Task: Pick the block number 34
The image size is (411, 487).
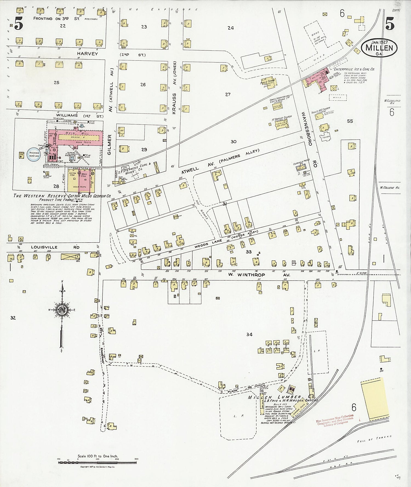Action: click(249, 334)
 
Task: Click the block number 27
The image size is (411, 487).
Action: click(228, 94)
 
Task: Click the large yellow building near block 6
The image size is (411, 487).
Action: click(375, 399)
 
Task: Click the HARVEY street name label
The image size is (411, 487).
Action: click(87, 54)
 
